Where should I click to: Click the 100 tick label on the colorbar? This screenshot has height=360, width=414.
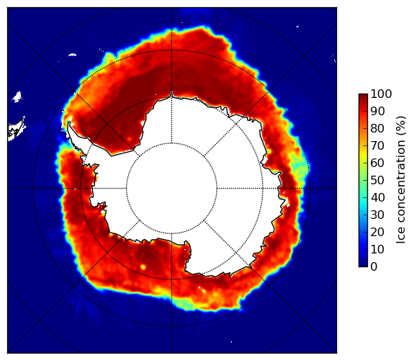coord(381,94)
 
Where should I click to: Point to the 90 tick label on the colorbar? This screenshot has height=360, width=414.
coord(377,111)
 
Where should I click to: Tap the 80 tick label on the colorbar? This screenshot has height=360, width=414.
coord(377,128)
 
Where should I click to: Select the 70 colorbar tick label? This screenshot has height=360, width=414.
coord(377,145)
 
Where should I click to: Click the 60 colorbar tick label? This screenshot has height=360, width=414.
coord(377,163)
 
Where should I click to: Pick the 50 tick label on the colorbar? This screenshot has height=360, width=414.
coord(377,180)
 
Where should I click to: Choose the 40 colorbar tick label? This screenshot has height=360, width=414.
coord(377,197)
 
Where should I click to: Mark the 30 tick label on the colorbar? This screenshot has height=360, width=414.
coord(377,215)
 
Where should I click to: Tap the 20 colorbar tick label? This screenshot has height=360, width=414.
coord(377,232)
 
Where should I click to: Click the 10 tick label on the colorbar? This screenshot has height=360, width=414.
coord(377,249)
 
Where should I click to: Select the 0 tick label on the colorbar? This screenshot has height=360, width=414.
coord(374,267)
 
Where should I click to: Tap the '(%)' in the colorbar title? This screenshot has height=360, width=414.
coord(400,126)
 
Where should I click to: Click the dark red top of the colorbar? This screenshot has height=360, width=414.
coord(363,96)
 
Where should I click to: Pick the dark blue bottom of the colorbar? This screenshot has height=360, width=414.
coord(363,264)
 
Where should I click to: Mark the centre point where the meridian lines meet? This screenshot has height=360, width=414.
coord(171,189)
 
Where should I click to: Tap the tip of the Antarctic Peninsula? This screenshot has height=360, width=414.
coord(69,122)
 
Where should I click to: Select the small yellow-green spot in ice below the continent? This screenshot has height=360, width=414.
coord(143,267)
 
